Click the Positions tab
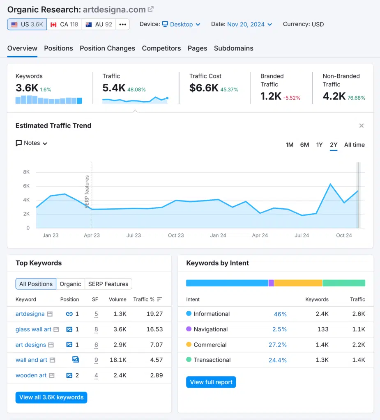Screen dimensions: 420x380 coord(58,48)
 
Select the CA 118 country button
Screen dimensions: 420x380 coord(64,24)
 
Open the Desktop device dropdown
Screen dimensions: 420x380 coord(181,24)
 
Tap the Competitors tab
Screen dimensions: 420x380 coord(161,48)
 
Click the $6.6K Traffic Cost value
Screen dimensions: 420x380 coord(204,87)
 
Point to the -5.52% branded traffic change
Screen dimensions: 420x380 coord(292,98)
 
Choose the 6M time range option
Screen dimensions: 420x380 coord(304,145)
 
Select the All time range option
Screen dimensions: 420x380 coord(354,145)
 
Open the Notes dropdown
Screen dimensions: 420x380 coord(32,143)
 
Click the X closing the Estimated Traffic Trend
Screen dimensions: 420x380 coord(362,126)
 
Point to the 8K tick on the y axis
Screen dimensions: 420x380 coord(26,172)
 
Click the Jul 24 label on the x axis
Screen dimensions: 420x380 coord(302,235)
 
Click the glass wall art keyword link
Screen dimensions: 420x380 coord(33,329)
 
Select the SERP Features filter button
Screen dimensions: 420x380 coord(108,284)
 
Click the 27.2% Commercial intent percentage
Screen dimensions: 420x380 coord(277,345)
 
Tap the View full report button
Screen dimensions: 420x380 coord(211,382)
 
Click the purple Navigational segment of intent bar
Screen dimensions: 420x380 coord(271,283)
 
